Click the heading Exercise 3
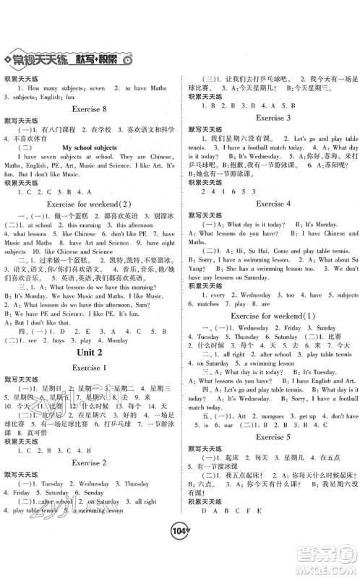(x=270, y=117)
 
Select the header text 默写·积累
(x=95, y=59)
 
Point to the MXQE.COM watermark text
(x=325, y=569)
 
